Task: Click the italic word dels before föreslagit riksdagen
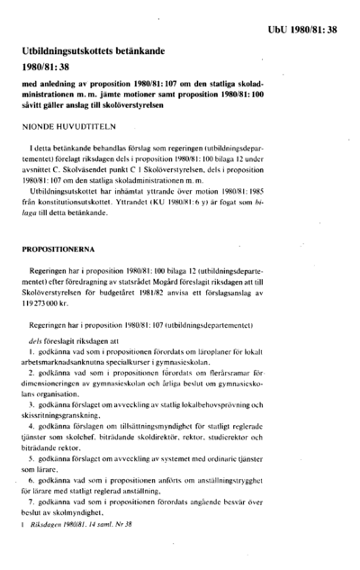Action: (x=36, y=355)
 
